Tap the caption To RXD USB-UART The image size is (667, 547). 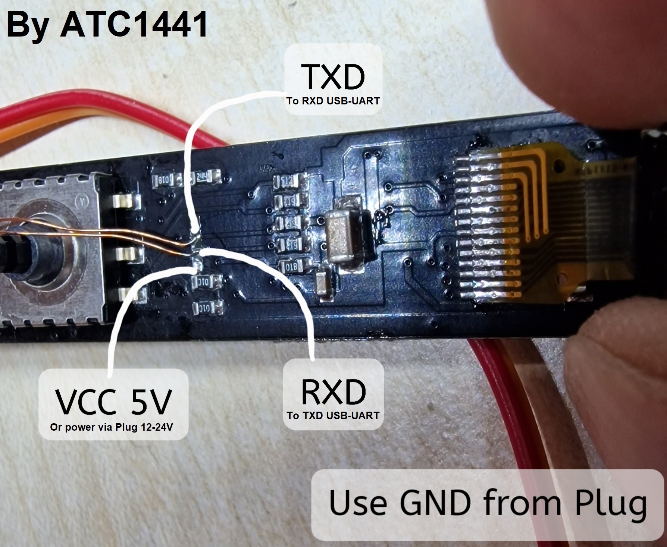click(333, 101)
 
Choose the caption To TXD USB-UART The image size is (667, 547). click(333, 415)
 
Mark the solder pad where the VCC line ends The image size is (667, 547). click(197, 266)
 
